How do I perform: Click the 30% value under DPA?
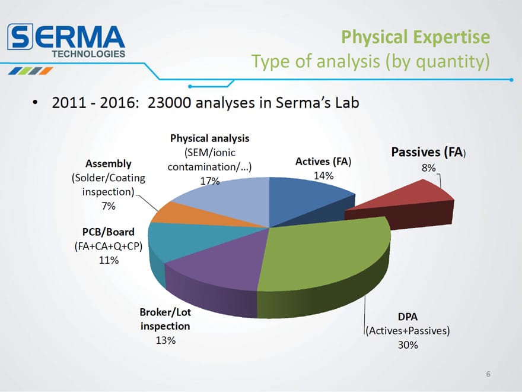pos(408,344)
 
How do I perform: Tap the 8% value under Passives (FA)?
pos(428,167)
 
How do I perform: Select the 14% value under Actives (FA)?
pos(323,175)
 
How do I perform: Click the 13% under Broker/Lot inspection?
pos(165,340)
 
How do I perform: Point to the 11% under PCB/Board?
pos(109,260)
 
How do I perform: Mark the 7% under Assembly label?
pos(109,206)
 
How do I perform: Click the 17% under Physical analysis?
pos(210,181)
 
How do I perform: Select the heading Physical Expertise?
pos(415,37)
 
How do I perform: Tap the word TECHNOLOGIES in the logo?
pos(88,54)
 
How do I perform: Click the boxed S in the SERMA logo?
pos(20,37)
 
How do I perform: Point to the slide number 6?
pos(488,374)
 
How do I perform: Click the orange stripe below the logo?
pos(46,71)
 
